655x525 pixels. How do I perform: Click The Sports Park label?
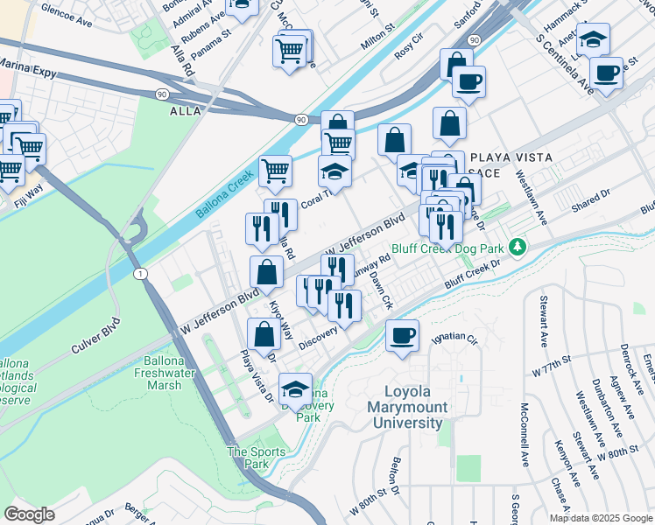(x=257, y=458)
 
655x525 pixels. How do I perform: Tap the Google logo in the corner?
(x=29, y=514)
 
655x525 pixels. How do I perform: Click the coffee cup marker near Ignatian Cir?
(x=402, y=335)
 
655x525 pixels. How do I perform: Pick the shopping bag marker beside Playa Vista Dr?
(x=264, y=334)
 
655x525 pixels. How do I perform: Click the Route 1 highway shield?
(x=142, y=275)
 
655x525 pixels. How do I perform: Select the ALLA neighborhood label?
(x=186, y=111)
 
